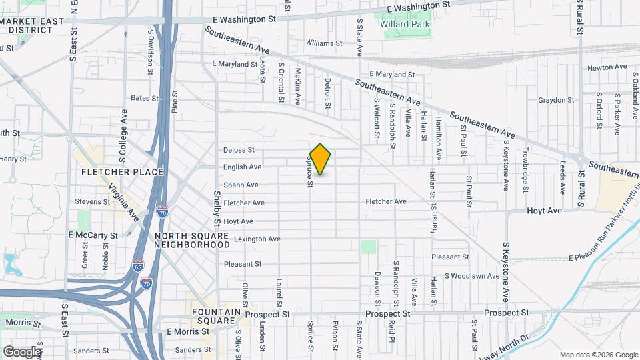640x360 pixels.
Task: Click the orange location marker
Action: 321,159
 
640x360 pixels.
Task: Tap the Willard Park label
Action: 405,25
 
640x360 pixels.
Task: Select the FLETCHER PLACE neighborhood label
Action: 122,172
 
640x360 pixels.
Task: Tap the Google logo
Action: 22,352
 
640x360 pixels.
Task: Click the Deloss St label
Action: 239,150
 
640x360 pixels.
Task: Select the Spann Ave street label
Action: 241,185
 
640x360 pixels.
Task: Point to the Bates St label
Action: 145,98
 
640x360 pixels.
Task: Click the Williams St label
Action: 324,43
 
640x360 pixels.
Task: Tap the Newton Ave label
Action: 607,67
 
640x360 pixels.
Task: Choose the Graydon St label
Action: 556,100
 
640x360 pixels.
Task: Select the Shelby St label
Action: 217,203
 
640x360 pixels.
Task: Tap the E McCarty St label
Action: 93,235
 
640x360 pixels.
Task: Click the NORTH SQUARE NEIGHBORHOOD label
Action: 192,241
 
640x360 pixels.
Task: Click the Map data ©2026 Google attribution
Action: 597,355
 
